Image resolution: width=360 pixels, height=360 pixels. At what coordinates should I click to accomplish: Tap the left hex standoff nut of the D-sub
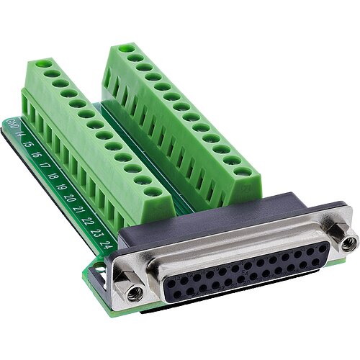(133, 292)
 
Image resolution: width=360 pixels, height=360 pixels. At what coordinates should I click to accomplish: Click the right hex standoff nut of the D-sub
(348, 243)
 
